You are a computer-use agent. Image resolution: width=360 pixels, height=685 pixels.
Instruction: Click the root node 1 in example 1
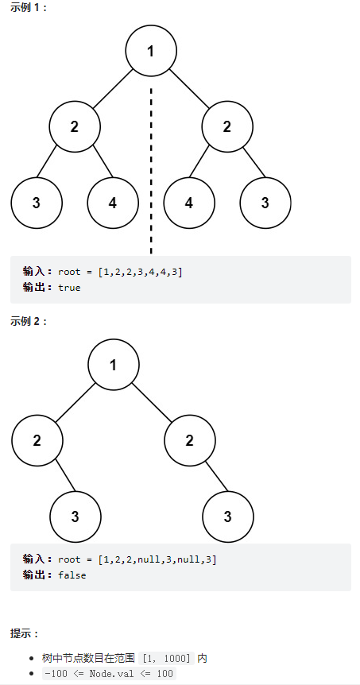151,51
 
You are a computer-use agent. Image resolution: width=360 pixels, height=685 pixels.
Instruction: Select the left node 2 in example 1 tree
75,126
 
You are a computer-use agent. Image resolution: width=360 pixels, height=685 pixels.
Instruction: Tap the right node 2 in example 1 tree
227,126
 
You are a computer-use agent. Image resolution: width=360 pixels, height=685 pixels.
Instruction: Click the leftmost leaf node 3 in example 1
37,203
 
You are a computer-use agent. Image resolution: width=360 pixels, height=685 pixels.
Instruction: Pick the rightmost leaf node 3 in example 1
265,203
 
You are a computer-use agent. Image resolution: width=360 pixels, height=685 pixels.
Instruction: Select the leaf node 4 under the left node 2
113,203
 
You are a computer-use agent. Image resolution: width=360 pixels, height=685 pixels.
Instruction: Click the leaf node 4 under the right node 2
189,203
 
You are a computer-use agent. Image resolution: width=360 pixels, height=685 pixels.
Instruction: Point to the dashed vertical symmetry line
151,170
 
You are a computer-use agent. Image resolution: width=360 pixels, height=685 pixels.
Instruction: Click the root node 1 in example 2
113,364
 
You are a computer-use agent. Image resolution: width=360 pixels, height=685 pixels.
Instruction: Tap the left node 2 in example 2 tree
37,440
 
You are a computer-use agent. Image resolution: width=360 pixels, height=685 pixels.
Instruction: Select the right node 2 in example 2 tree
190,440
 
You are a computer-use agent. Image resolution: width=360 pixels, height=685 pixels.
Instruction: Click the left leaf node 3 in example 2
75,517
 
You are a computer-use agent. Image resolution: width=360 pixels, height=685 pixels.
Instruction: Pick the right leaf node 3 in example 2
227,517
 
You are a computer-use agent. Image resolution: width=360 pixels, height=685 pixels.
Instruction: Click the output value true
69,288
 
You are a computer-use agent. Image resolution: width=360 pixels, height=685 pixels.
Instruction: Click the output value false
72,575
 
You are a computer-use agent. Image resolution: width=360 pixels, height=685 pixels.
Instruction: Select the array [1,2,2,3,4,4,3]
140,272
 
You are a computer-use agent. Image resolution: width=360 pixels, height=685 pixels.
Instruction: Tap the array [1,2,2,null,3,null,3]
157,559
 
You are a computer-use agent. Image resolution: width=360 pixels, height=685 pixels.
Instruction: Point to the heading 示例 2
29,322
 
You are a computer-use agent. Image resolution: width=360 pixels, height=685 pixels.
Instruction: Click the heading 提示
25,633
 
